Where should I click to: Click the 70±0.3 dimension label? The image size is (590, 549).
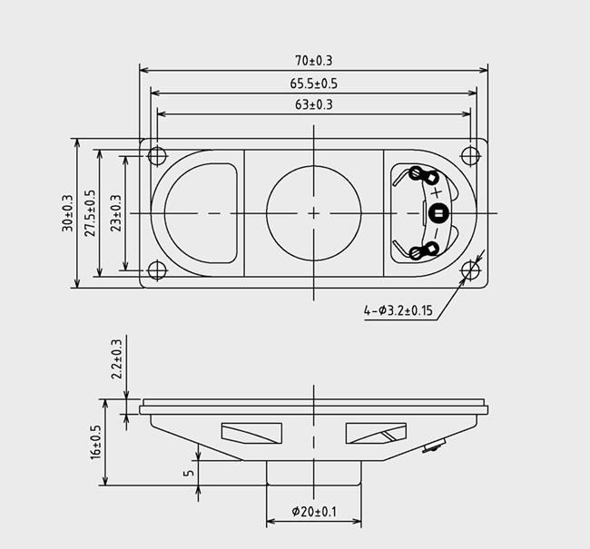pos(314,61)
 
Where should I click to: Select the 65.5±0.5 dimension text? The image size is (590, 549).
pos(314,83)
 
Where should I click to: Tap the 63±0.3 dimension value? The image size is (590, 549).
pos(314,105)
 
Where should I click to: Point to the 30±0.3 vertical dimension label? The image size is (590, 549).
pos(66,213)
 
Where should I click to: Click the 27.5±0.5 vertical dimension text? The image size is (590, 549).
pos(89,213)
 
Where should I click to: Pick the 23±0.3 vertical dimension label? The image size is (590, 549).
pos(113,213)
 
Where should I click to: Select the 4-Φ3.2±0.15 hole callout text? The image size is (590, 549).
pos(399,311)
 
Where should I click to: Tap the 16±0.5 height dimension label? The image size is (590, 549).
pos(95,442)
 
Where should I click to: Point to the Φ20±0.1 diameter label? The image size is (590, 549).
pos(314,512)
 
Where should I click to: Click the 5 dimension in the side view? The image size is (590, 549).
pos(188,473)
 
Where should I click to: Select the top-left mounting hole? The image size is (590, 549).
pos(156,154)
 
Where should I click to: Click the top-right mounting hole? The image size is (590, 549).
pos(469,154)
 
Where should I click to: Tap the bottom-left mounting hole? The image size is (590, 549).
pos(156,270)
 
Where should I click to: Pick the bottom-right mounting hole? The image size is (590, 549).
pos(469,270)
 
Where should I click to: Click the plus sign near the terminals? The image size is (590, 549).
pos(437,193)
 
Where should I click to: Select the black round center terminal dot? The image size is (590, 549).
pos(438,214)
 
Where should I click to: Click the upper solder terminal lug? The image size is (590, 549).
pos(418,174)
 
